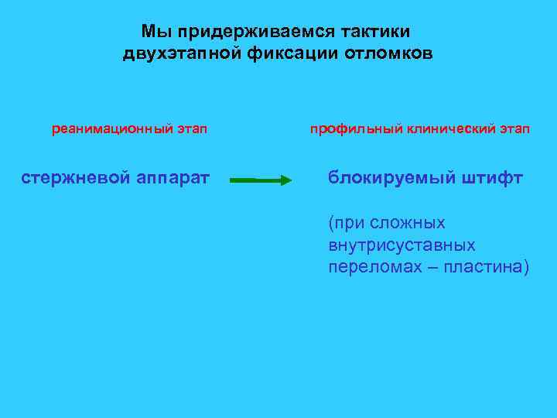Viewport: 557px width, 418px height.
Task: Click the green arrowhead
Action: coord(285,180)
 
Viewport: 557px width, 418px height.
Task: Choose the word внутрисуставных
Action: coord(402,245)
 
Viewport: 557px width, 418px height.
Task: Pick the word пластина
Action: coord(486,267)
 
